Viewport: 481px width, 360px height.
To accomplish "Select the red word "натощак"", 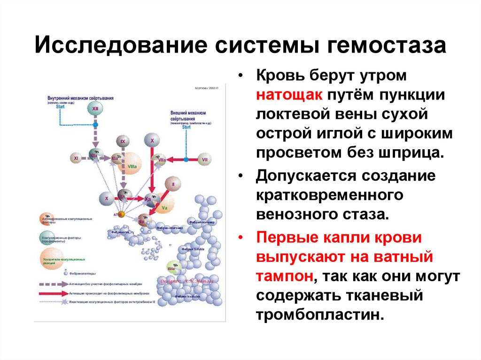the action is point(289,95).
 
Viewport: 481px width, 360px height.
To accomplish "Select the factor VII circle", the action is point(204,160).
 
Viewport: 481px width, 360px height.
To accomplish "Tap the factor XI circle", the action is point(76,159).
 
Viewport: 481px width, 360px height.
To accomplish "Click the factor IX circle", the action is point(123,141).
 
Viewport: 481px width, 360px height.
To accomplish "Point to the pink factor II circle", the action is point(172,184).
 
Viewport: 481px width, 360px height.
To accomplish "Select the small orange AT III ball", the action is point(121,214).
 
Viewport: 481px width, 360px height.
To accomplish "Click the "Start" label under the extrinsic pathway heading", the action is point(186,127).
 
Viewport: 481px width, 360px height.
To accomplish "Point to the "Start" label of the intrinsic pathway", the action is point(60,107).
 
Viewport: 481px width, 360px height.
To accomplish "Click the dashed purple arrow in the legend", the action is point(53,284).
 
